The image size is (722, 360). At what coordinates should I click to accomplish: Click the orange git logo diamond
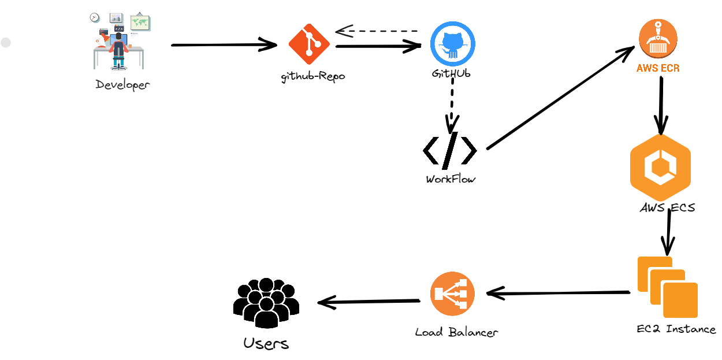coord(309,44)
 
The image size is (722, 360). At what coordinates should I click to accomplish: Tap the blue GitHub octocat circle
coord(452,44)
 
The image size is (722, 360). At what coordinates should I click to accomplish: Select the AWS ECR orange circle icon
coord(658,39)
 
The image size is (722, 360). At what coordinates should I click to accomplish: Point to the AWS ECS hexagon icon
coord(660,168)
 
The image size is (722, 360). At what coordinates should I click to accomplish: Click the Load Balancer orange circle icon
coord(452,294)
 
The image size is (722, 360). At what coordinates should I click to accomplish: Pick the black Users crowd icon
coord(266,303)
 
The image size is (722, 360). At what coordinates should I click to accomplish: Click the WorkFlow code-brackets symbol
coord(450,151)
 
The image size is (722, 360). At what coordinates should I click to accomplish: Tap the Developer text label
coord(123,85)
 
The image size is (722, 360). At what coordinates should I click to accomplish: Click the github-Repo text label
coord(313,77)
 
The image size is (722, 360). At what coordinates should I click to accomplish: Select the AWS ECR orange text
coord(658,68)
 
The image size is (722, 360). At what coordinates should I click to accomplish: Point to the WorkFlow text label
coord(451,179)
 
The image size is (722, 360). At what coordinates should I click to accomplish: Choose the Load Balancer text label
coord(456,332)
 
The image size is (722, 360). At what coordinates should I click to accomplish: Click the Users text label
coord(266,344)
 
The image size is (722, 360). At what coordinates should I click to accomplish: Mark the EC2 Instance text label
coord(676,329)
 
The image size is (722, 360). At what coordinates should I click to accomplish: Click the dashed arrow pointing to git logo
coord(377,31)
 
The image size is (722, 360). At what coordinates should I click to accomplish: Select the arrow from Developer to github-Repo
coord(224,45)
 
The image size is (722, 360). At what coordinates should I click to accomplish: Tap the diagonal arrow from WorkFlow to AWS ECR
coord(561,98)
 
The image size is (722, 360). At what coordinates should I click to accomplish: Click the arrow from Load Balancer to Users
coord(369,302)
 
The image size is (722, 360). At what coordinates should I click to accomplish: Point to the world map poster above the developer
coord(140,22)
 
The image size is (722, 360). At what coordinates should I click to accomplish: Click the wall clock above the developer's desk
coord(95,17)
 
